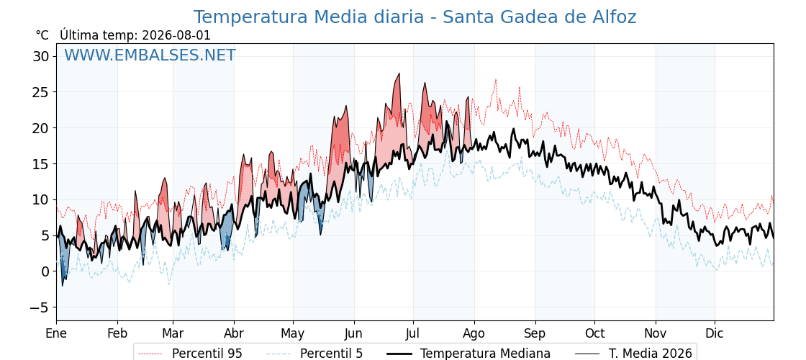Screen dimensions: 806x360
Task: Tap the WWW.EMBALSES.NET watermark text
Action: coord(150,55)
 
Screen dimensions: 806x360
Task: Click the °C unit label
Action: coord(42,35)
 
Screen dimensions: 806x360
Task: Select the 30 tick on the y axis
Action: coord(42,56)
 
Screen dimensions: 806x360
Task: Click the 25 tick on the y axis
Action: coord(42,92)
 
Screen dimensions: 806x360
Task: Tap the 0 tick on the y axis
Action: coord(46,271)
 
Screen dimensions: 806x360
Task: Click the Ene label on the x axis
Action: coord(56,333)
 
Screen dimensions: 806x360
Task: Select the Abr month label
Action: coord(234,333)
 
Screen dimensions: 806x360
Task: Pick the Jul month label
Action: coord(413,333)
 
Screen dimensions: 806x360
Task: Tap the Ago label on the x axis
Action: coord(474,333)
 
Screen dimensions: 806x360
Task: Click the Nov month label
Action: coord(656,333)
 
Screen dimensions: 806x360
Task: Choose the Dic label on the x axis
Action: coord(715,333)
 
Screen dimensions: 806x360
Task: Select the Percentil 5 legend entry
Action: coord(315,354)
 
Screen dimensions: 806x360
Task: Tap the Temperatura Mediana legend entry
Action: coord(468,354)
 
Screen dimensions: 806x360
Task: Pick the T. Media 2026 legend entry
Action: coord(633,354)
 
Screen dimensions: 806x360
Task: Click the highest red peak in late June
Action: coord(399,74)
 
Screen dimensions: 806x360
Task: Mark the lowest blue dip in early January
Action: coord(62,285)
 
